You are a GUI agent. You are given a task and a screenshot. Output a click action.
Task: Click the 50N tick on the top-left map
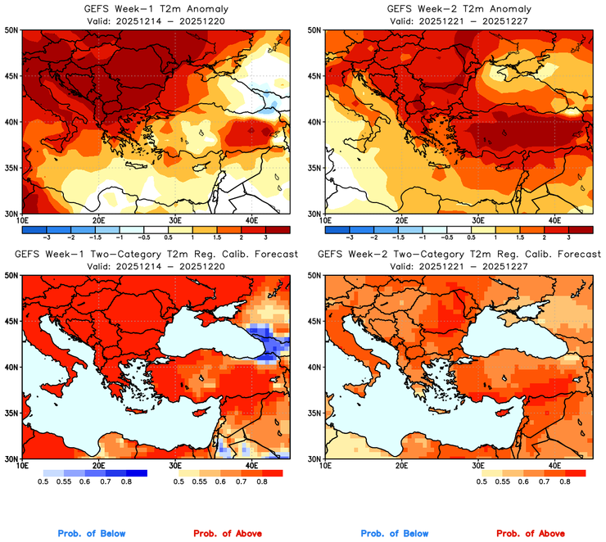pyautogui.click(x=11, y=29)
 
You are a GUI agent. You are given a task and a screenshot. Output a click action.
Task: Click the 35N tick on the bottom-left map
pyautogui.click(x=11, y=413)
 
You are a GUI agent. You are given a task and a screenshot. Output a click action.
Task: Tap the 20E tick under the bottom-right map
pyautogui.click(x=401, y=466)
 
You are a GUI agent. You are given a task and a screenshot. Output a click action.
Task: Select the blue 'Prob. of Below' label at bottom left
pyautogui.click(x=92, y=533)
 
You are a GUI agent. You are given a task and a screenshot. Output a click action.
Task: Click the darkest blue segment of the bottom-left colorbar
pyautogui.click(x=136, y=473)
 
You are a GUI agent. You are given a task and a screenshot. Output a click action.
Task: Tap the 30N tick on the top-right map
pyautogui.click(x=316, y=213)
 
